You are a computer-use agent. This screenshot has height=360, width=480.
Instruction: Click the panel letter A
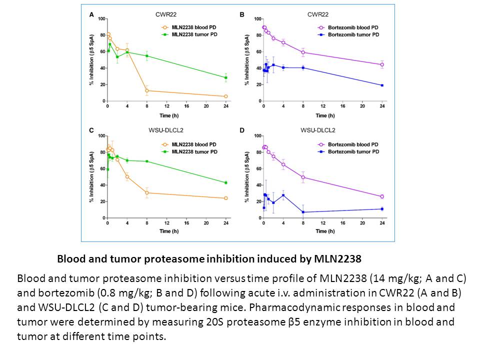pos(91,15)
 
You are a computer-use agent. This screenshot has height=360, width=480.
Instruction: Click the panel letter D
pos(243,131)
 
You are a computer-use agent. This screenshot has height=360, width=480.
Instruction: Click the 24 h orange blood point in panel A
pos(226,96)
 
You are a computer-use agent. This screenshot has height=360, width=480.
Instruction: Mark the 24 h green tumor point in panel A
pos(226,77)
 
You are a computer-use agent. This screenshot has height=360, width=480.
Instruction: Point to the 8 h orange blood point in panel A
pos(147,90)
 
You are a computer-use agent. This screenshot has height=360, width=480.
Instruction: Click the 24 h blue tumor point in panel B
pos(382,85)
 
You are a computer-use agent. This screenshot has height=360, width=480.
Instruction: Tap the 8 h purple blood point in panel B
pos(303,52)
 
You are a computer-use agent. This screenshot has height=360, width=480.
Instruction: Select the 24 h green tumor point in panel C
pos(226,182)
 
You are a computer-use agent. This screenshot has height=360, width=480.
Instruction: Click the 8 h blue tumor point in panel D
pos(303,212)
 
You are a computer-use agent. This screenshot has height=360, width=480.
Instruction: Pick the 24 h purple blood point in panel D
pos(382,196)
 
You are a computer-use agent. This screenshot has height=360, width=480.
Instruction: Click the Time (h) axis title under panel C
pos(167,232)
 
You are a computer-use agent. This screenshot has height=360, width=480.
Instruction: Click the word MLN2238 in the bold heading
pos(338,259)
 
